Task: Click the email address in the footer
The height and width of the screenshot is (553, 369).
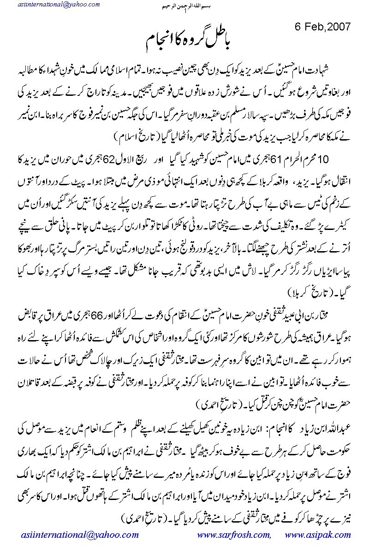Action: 80,535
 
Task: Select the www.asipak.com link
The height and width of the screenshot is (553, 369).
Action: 318,535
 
